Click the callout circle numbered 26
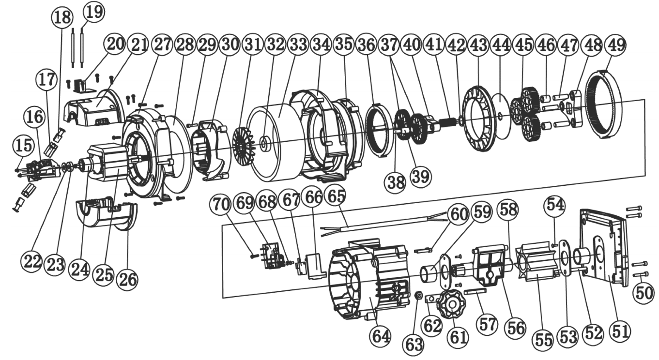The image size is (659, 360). click(128, 279)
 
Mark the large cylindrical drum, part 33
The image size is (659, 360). click(276, 140)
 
